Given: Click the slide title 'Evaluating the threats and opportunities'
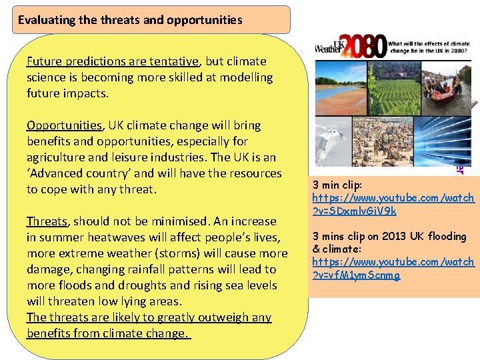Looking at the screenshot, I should (130, 20).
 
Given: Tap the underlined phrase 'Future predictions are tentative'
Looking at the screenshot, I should (112, 61).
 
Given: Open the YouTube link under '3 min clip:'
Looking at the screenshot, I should (393, 204).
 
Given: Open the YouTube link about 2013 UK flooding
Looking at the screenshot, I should (393, 268).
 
